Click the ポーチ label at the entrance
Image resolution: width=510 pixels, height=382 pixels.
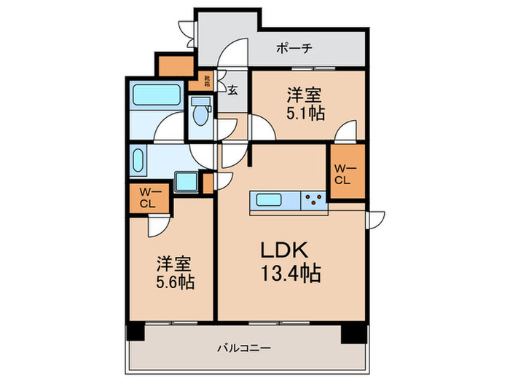294,49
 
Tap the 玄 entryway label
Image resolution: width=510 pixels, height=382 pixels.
232,90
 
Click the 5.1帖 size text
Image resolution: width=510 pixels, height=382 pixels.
306,113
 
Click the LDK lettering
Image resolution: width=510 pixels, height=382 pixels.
287,250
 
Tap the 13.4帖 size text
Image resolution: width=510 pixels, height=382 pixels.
291,274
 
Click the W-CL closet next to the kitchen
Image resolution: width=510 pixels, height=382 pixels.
343,174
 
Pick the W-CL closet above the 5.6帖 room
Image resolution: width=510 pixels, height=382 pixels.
147,198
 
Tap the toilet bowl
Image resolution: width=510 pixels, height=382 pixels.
200,112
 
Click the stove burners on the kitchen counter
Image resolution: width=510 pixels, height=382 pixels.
315,199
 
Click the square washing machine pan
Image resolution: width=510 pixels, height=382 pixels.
187,182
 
